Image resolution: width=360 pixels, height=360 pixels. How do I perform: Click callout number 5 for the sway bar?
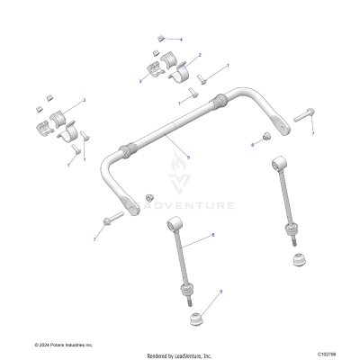188,157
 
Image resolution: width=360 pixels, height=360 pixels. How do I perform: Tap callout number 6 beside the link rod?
212,235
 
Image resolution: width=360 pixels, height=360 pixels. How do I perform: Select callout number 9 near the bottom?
220,292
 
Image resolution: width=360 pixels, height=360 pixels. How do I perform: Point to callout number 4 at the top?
180,40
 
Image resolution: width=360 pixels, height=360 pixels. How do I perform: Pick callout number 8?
253,144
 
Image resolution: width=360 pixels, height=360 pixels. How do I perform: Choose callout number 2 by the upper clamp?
199,55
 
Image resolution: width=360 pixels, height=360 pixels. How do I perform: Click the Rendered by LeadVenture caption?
180,355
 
